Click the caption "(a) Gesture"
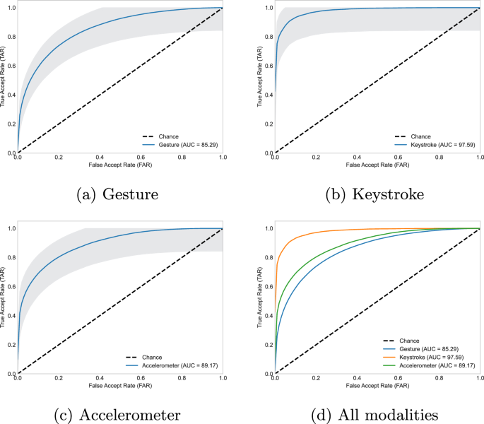point(117,193)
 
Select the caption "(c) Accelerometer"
point(117,413)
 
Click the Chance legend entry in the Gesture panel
point(163,136)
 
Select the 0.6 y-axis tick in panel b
point(268,66)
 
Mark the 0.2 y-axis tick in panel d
point(268,344)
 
